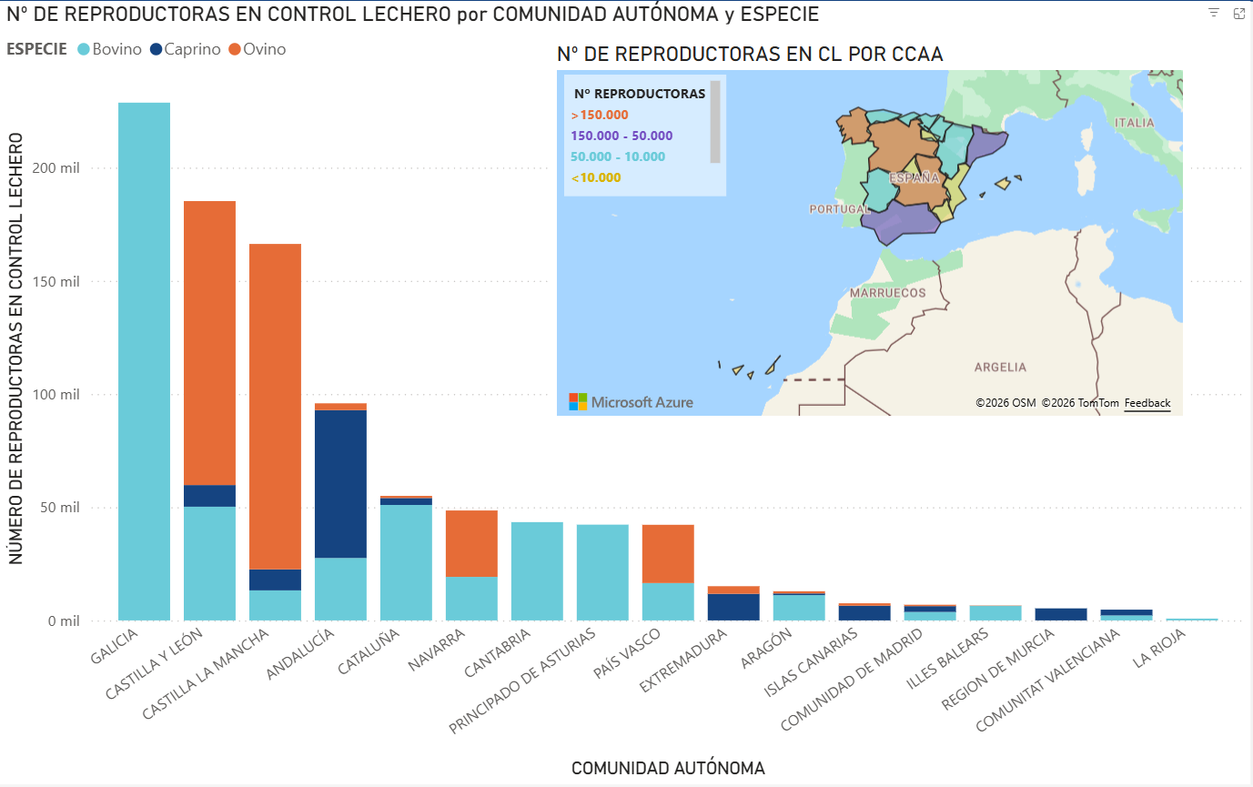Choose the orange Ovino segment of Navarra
pos(471,543)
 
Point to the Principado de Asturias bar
pos(602,572)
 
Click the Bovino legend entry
pos(109,49)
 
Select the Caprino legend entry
pos(185,49)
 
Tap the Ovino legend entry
pos(258,49)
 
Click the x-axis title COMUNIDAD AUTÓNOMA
pos(668,768)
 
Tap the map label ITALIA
pos(1134,122)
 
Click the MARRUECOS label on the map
pos(887,293)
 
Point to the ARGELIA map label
pos(1000,368)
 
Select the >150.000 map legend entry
pos(600,115)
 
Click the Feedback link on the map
pos(1147,403)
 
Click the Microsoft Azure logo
pos(631,401)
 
